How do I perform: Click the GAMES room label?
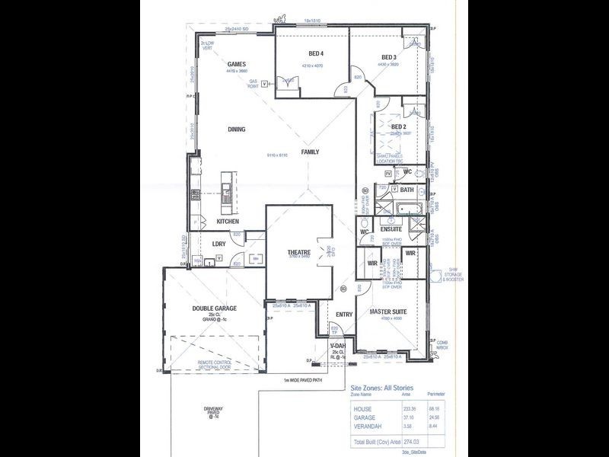pos(236,65)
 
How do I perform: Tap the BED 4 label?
pos(316,54)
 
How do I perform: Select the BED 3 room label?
pos(389,57)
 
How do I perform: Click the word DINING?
pos(236,129)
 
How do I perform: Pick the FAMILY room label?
pos(310,152)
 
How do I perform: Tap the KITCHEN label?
pos(228,222)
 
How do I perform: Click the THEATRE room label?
pos(298,253)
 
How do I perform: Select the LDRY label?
pos(218,244)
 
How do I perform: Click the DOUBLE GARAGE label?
pos(214,308)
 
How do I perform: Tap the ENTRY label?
pos(344,314)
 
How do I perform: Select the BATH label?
pos(407,190)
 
